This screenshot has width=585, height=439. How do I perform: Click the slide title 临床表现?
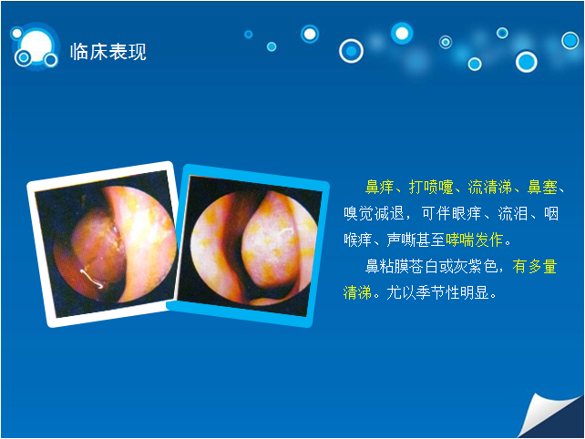point(108,52)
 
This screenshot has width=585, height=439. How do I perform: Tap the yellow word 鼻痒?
point(379,187)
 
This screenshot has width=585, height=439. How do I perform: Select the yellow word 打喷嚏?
point(431,187)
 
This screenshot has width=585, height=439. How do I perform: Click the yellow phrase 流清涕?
point(490,187)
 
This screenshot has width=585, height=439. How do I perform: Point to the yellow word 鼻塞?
point(542,187)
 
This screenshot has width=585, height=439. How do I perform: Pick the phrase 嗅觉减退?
point(374,213)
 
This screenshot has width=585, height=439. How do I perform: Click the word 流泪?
point(513,213)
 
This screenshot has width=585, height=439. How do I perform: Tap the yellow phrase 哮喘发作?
point(475,240)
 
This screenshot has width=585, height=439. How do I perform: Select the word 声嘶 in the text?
point(402,240)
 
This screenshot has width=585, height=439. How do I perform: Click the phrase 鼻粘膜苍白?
point(402,266)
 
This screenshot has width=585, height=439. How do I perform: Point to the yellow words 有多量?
point(535,266)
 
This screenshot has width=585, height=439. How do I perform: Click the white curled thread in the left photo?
point(91,279)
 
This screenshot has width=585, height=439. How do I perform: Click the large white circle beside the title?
point(36,46)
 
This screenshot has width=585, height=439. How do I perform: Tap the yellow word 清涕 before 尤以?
point(357,292)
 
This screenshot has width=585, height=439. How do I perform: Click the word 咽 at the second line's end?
point(551,213)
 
